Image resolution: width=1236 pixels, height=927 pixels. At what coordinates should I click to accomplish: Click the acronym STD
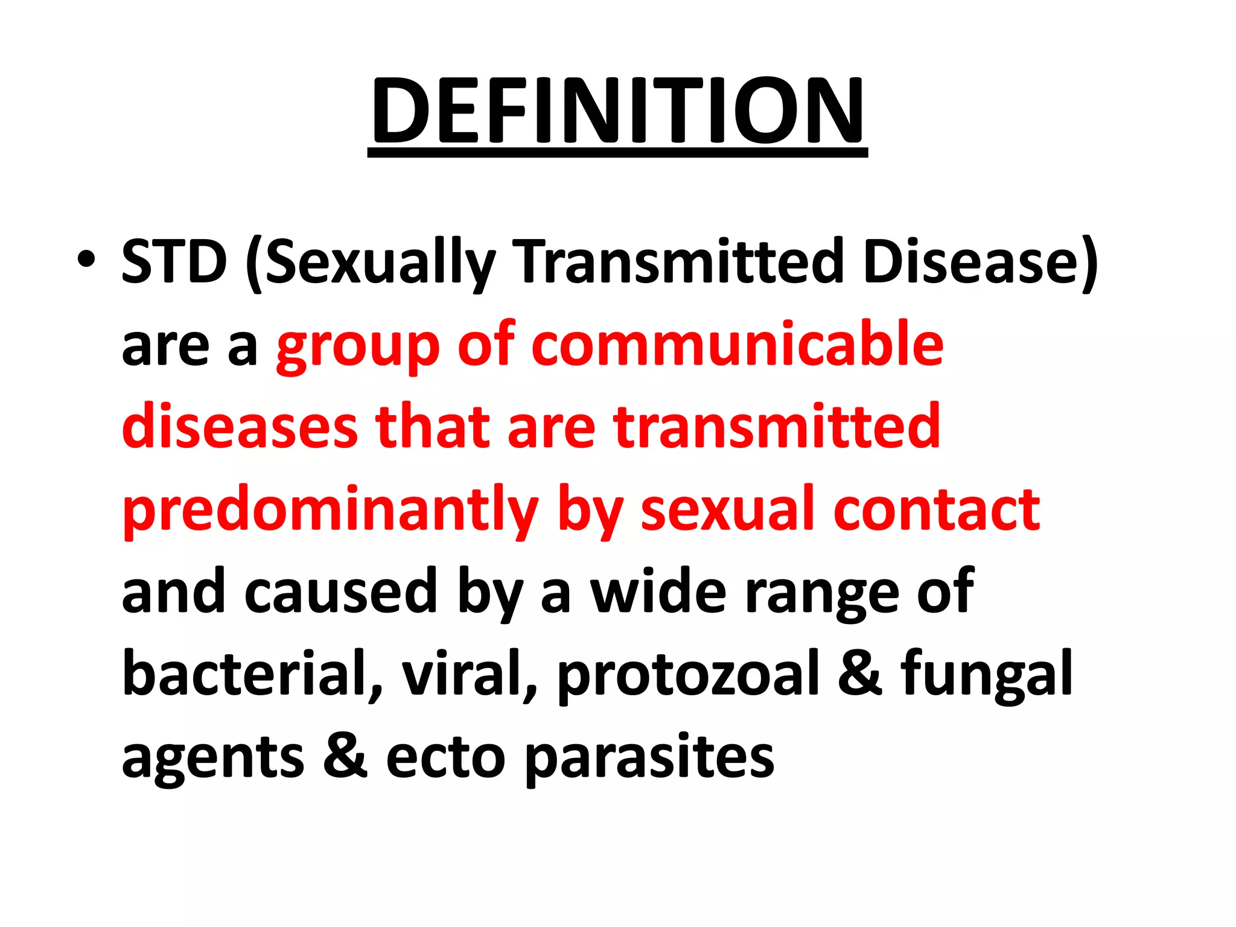click(x=174, y=261)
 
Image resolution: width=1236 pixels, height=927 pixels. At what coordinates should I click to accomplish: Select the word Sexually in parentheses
click(x=379, y=263)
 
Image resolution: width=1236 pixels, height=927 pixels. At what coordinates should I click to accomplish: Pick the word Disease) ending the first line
click(x=980, y=263)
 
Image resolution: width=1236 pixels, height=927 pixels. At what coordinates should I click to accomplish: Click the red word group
click(x=357, y=346)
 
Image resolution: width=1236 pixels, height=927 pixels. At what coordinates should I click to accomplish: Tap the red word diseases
click(x=240, y=427)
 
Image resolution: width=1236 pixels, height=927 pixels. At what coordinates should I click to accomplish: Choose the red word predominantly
click(x=330, y=511)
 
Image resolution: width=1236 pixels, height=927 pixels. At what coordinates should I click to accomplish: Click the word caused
click(x=340, y=592)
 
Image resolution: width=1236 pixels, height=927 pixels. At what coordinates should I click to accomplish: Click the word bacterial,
click(x=252, y=674)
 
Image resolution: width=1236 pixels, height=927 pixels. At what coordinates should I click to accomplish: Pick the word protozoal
click(x=688, y=675)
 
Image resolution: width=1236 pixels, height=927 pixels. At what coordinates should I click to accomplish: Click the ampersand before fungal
click(x=860, y=674)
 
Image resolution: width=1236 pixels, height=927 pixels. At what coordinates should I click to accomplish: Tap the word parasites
click(x=649, y=757)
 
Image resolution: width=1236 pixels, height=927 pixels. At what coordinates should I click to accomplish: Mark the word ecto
click(x=445, y=757)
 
